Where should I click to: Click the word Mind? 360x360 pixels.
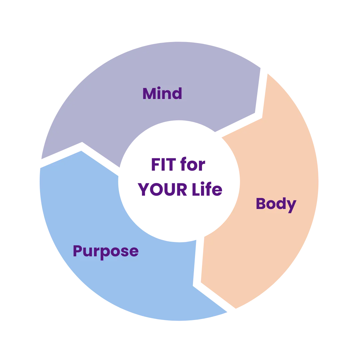coord(162,93)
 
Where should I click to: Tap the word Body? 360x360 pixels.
coord(276,204)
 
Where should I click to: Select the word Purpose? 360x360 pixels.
coord(105,251)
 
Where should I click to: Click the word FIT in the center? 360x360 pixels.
coord(163,165)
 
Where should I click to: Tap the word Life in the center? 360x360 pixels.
coord(206,190)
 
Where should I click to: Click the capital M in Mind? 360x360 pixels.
coord(150,93)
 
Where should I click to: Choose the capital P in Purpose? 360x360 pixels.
coord(78,251)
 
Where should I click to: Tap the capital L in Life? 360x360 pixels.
coord(195,190)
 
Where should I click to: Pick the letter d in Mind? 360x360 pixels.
coord(177,93)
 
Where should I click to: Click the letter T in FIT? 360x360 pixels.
coord(170,165)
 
